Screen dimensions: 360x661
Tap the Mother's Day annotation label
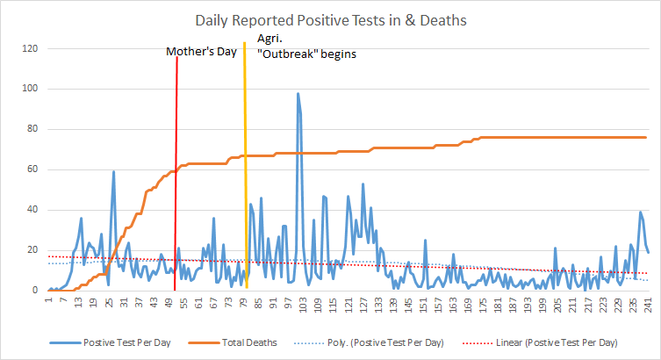pos(202,53)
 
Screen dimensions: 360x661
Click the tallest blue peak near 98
pos(298,94)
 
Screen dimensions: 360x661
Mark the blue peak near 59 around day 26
pos(113,172)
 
